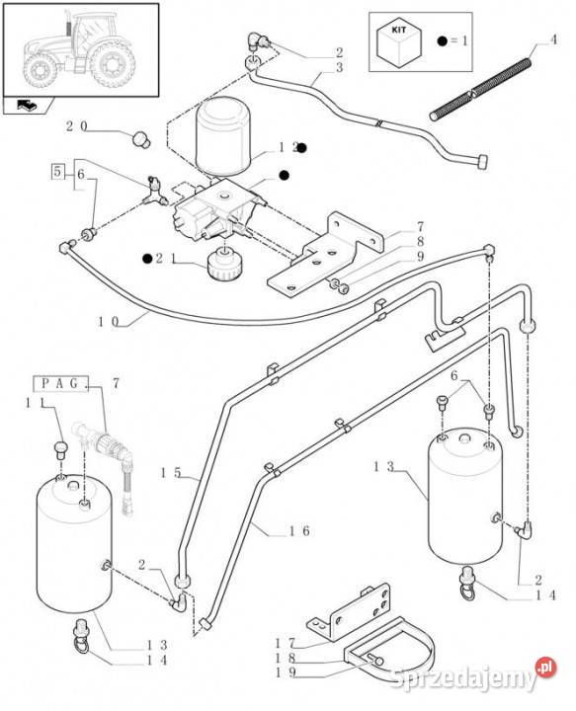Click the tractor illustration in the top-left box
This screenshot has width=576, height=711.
[x=79, y=49]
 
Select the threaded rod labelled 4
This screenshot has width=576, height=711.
[x=480, y=88]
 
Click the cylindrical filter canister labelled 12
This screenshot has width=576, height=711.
[x=222, y=135]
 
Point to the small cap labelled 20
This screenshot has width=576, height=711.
[x=141, y=139]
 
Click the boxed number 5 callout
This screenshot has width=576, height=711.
[x=57, y=172]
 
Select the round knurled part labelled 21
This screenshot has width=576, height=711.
[x=225, y=263]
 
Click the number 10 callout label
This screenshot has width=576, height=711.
[x=108, y=322]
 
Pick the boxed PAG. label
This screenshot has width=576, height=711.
[x=60, y=383]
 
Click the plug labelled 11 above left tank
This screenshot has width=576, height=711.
[x=61, y=449]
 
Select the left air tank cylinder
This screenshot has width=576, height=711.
[x=74, y=543]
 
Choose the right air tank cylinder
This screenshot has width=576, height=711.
[x=465, y=496]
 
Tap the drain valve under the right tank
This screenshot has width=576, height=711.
[x=466, y=583]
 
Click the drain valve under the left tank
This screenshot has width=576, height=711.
[x=82, y=632]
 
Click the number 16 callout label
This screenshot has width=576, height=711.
[x=299, y=530]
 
